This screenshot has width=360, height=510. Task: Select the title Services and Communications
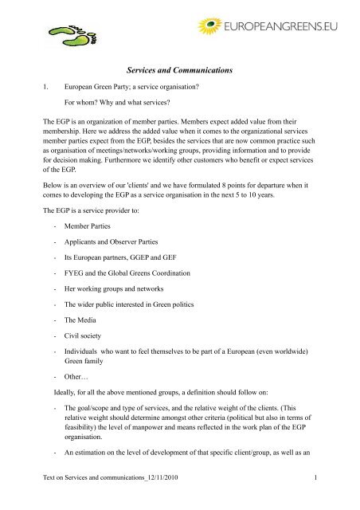(x=179, y=72)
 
